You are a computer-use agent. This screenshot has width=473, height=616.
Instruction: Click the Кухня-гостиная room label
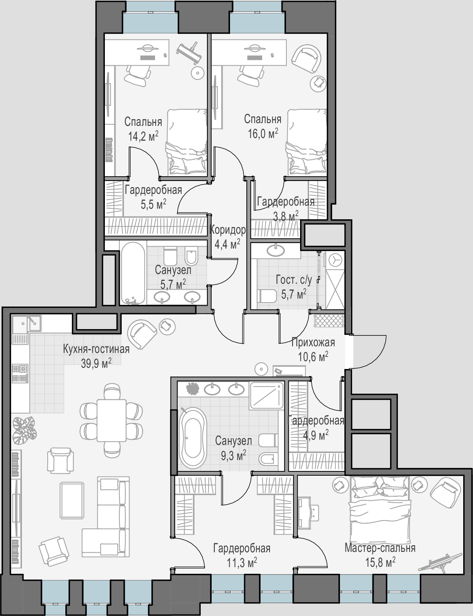click(x=96, y=349)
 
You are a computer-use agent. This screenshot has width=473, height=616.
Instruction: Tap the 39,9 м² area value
click(x=96, y=364)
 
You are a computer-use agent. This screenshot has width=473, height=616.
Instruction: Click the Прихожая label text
click(x=313, y=342)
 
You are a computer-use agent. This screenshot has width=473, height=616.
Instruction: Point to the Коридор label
click(x=228, y=230)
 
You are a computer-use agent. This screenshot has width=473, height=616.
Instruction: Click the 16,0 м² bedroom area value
click(x=263, y=134)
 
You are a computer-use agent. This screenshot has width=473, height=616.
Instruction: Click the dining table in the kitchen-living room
click(x=112, y=420)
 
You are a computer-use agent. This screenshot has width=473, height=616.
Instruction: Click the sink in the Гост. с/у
click(x=275, y=250)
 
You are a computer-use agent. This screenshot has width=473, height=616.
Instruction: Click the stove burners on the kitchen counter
click(x=20, y=374)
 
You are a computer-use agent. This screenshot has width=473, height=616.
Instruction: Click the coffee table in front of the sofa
click(x=72, y=501)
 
